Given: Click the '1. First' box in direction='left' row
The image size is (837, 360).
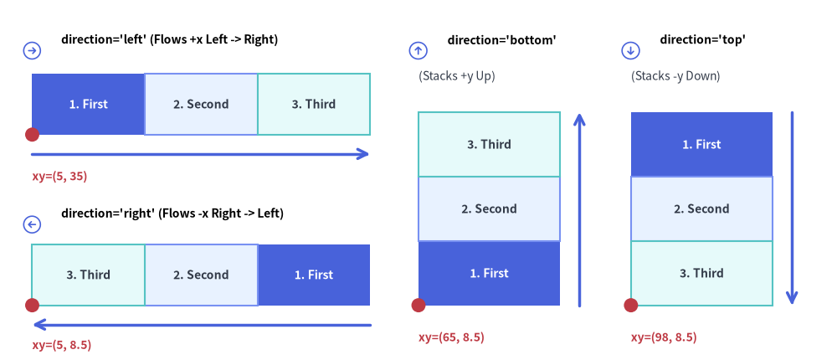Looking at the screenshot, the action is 88,104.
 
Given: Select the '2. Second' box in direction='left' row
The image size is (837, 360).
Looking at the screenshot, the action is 201,104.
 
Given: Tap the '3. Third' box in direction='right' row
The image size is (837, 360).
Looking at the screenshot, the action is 88,275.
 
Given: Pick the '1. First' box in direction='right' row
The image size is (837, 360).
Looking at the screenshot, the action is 314,275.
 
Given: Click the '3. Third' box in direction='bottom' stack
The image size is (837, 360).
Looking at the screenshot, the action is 489,144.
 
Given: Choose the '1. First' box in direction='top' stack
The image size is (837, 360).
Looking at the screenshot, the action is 701,144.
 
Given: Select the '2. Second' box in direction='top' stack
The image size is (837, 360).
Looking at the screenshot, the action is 701,208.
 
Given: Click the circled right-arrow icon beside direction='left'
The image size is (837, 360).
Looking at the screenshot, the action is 32,51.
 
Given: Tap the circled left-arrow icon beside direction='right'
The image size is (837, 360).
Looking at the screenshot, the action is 32,225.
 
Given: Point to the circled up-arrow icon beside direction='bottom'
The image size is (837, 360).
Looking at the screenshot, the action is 418,51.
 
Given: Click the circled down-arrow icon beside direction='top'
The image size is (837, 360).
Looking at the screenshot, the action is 630,51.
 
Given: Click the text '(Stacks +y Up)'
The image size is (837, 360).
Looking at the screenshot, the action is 457,76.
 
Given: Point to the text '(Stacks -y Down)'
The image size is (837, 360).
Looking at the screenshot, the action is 675,76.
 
